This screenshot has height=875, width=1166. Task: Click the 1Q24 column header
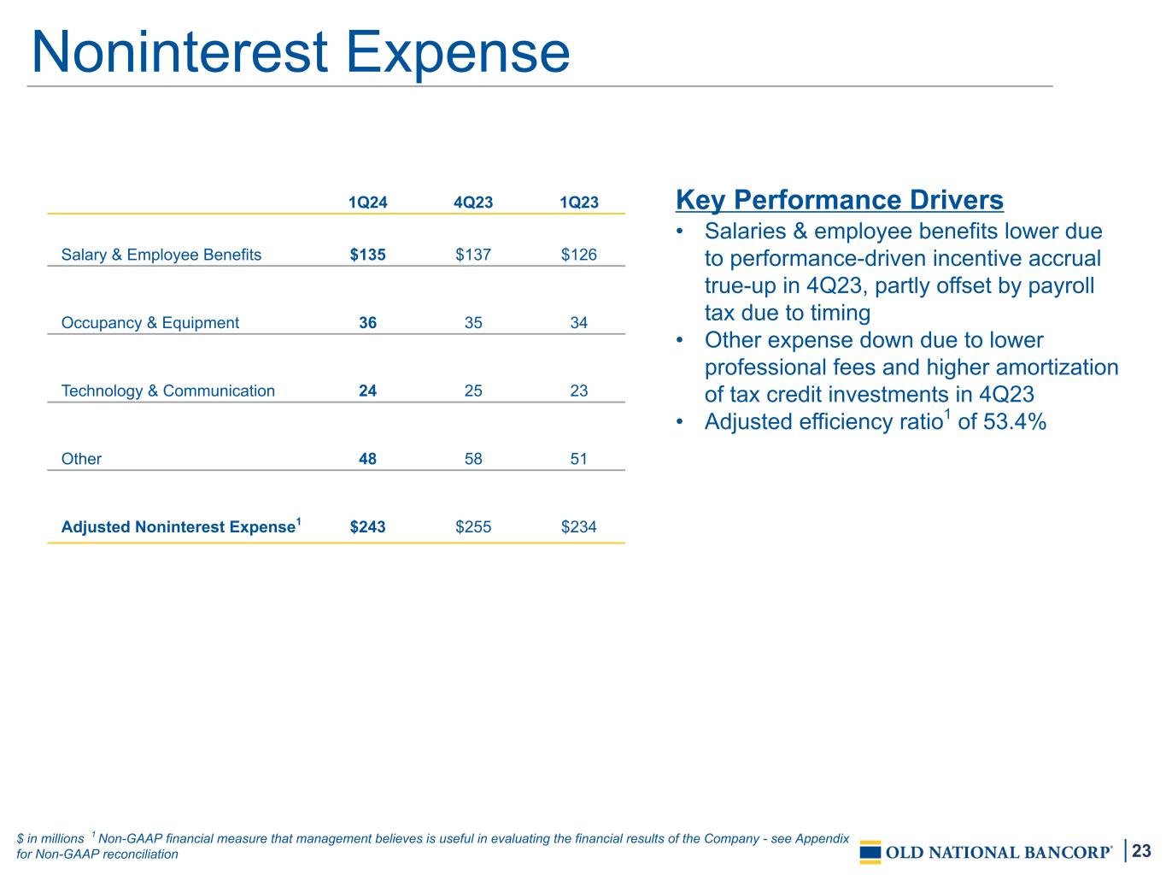[367, 202]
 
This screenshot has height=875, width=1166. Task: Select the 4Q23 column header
[472, 202]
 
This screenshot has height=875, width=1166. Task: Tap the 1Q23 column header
[578, 202]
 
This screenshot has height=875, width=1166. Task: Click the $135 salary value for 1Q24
[367, 255]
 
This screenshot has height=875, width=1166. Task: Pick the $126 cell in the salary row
[578, 255]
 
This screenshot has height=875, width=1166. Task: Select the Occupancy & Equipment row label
[149, 322]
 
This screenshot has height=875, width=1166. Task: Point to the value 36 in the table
[367, 322]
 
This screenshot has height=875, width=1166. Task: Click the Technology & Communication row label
[168, 391]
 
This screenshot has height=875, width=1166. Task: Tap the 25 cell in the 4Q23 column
[472, 391]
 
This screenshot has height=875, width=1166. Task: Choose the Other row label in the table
[81, 459]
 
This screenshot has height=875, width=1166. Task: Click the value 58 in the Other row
[472, 459]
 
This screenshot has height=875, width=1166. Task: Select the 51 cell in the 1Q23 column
[578, 459]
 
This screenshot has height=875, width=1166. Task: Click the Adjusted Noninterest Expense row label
[181, 526]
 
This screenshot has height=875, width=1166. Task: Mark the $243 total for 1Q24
[367, 526]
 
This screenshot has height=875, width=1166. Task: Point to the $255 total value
[472, 526]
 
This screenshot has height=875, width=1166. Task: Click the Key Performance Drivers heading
[840, 200]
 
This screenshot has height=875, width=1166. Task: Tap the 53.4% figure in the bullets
[1015, 422]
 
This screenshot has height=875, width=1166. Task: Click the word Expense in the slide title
[458, 53]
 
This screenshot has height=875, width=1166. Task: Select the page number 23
[1141, 850]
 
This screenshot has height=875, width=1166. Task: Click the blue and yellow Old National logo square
[870, 852]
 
